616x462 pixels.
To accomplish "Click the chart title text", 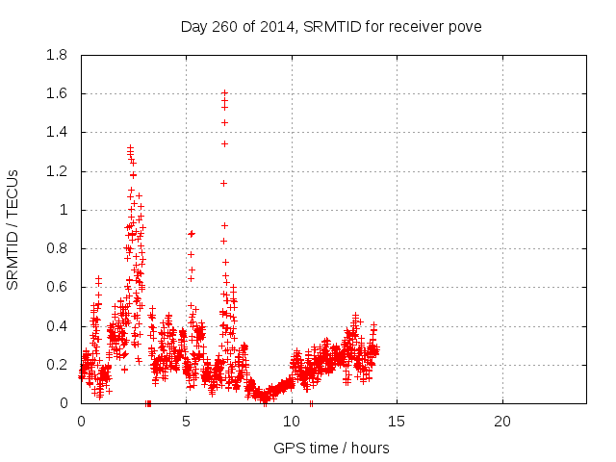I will [x=331, y=26].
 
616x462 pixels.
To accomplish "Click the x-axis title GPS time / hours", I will [x=331, y=448].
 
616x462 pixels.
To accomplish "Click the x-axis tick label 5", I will [x=186, y=422].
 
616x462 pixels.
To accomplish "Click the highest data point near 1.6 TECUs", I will [x=224, y=93].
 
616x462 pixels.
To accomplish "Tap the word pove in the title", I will [x=465, y=26].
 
